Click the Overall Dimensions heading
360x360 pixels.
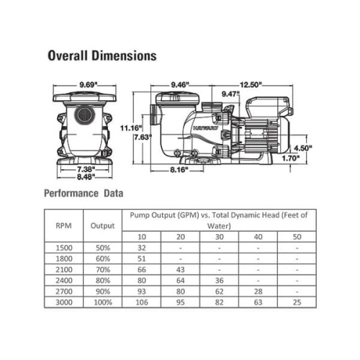[x=101, y=55]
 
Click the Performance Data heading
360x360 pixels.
[x=84, y=194]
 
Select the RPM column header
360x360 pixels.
[x=63, y=225]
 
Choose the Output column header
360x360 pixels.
[x=102, y=225]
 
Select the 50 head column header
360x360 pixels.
[x=296, y=237]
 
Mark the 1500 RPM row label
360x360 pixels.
[x=63, y=247]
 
